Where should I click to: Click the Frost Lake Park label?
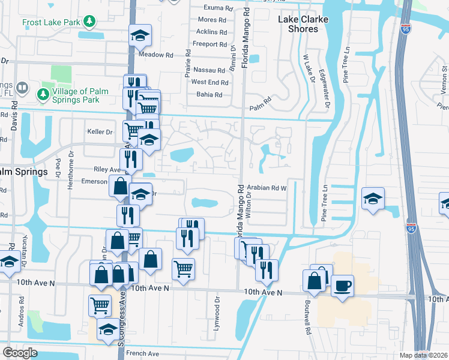(51, 23)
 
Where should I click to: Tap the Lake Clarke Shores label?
(303, 24)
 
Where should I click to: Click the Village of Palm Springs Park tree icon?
(43, 95)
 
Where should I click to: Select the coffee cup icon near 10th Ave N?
(342, 286)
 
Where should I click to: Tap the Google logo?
(20, 353)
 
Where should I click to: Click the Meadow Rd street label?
(155, 55)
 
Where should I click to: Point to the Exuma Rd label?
(217, 8)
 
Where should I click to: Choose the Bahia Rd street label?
(209, 94)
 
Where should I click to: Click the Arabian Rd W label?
(266, 188)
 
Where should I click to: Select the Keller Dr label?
(100, 131)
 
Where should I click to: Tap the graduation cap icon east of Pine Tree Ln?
(372, 199)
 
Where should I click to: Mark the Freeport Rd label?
(209, 44)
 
